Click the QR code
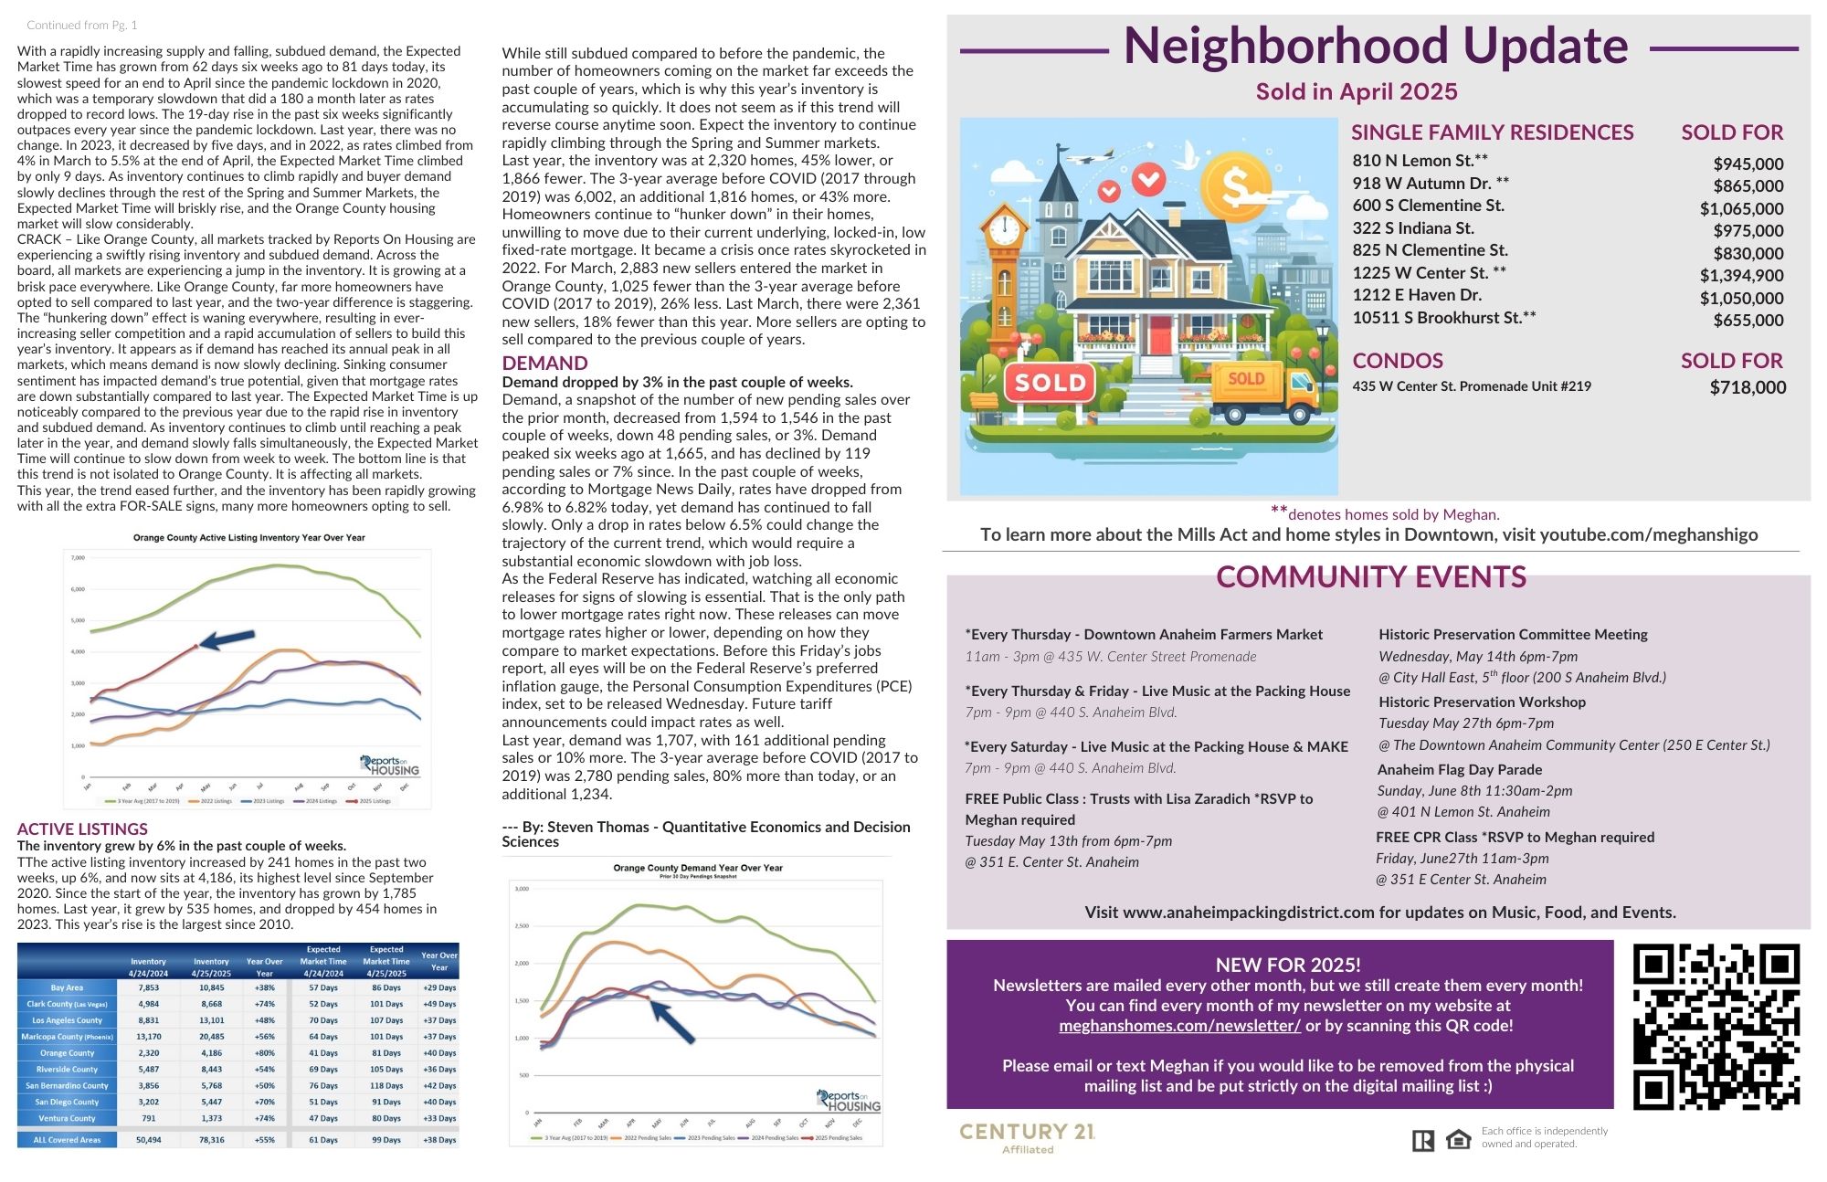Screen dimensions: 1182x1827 [x=1716, y=1026]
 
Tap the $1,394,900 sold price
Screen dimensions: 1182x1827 [x=1741, y=275]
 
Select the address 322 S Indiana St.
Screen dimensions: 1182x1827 [x=1413, y=228]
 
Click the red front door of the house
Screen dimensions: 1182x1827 [x=1159, y=335]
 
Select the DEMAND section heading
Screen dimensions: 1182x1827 [x=544, y=363]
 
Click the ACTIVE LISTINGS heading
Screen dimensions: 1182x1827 [x=82, y=828]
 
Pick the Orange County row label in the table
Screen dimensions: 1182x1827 [x=67, y=1053]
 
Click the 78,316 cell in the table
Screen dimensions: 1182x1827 [x=211, y=1140]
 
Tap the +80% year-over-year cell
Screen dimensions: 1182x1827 [x=265, y=1053]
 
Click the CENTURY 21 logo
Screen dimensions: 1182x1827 [x=1027, y=1136]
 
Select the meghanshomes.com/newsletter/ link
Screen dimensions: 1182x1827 [x=1179, y=1025]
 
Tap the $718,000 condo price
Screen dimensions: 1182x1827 [x=1748, y=387]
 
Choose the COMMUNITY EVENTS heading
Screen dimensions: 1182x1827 [x=1370, y=577]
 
